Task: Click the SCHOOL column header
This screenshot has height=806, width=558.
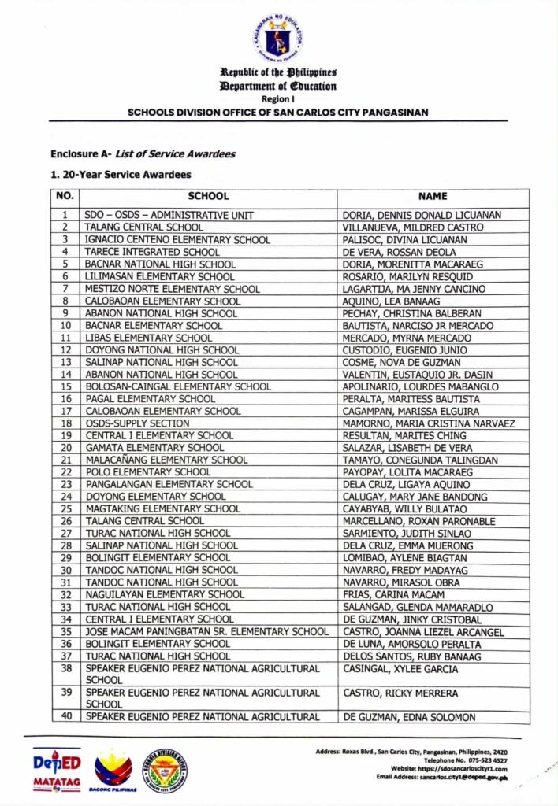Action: coord(208,196)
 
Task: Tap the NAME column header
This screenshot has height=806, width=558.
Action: coord(433,196)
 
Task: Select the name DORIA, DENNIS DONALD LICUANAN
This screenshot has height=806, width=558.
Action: coord(422,215)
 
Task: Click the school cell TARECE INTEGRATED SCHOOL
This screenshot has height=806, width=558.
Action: coord(148,252)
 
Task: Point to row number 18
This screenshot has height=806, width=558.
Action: coord(65,423)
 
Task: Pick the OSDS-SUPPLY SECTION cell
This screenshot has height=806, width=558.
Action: coord(137,423)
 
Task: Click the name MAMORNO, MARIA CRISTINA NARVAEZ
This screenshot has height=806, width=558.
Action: coord(429,423)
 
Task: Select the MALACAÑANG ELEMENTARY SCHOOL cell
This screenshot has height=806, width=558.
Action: coord(166,460)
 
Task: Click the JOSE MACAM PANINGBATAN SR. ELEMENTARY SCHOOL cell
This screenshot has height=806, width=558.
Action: coord(206,631)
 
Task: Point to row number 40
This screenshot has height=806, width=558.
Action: coord(65,717)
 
